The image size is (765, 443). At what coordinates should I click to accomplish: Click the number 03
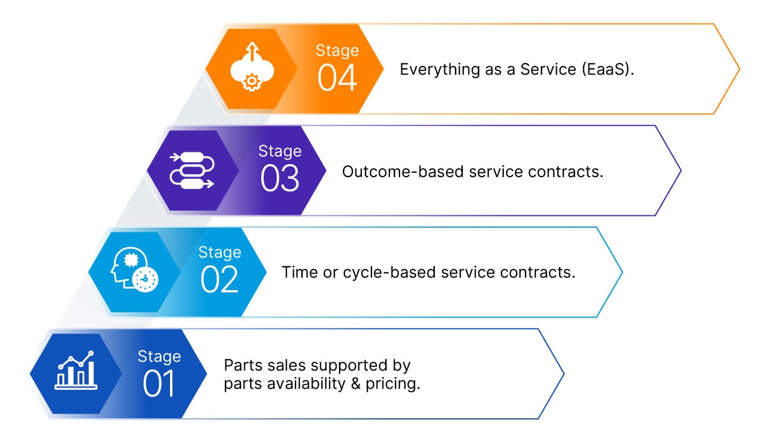[280, 179]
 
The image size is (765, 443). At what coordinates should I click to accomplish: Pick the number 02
[219, 281]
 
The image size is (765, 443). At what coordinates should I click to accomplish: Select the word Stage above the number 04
[337, 51]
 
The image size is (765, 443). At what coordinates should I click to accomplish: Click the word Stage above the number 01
[159, 357]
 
